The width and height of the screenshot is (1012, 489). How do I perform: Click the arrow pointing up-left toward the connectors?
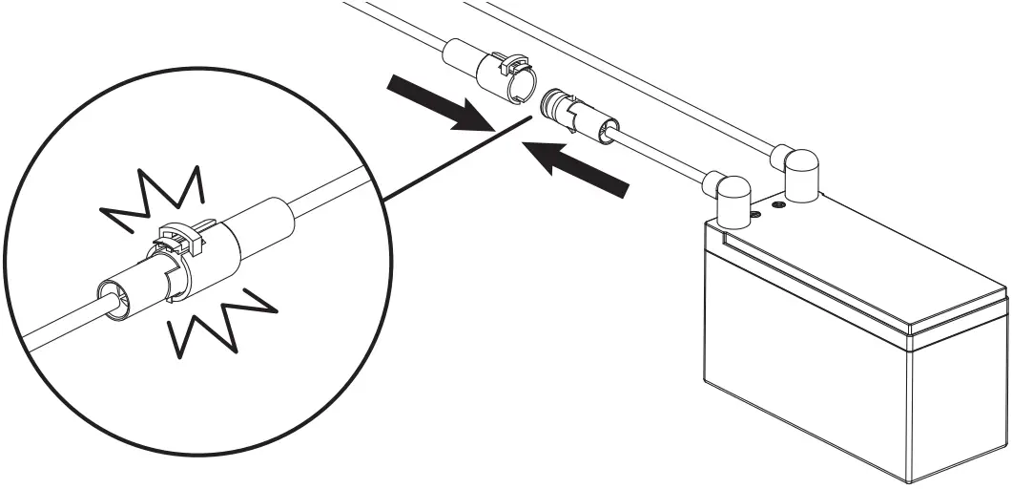point(577,167)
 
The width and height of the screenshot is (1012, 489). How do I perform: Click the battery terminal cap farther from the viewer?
point(798,173)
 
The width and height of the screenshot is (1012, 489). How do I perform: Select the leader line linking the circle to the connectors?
point(448,161)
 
